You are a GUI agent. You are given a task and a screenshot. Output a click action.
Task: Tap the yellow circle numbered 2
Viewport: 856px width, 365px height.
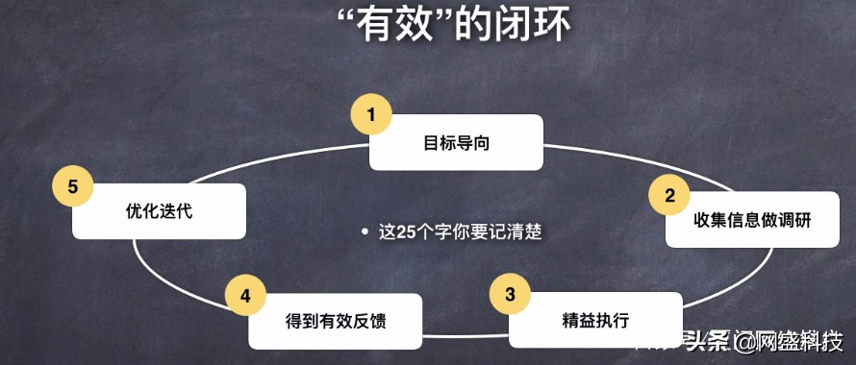[669, 195]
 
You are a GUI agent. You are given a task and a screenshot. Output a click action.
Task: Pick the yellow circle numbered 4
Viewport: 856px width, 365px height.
[245, 295]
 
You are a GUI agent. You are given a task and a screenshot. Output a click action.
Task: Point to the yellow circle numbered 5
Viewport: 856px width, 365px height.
[73, 186]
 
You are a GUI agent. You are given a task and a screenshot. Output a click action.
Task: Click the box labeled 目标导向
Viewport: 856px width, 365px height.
[457, 142]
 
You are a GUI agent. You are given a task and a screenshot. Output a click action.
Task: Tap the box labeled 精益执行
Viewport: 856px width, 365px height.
[595, 321]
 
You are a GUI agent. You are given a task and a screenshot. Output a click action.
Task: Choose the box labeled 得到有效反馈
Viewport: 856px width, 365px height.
[335, 321]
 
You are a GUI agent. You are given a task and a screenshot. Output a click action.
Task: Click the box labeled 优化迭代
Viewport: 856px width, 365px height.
[160, 211]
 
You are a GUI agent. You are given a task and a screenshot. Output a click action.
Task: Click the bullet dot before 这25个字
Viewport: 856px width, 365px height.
[365, 232]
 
